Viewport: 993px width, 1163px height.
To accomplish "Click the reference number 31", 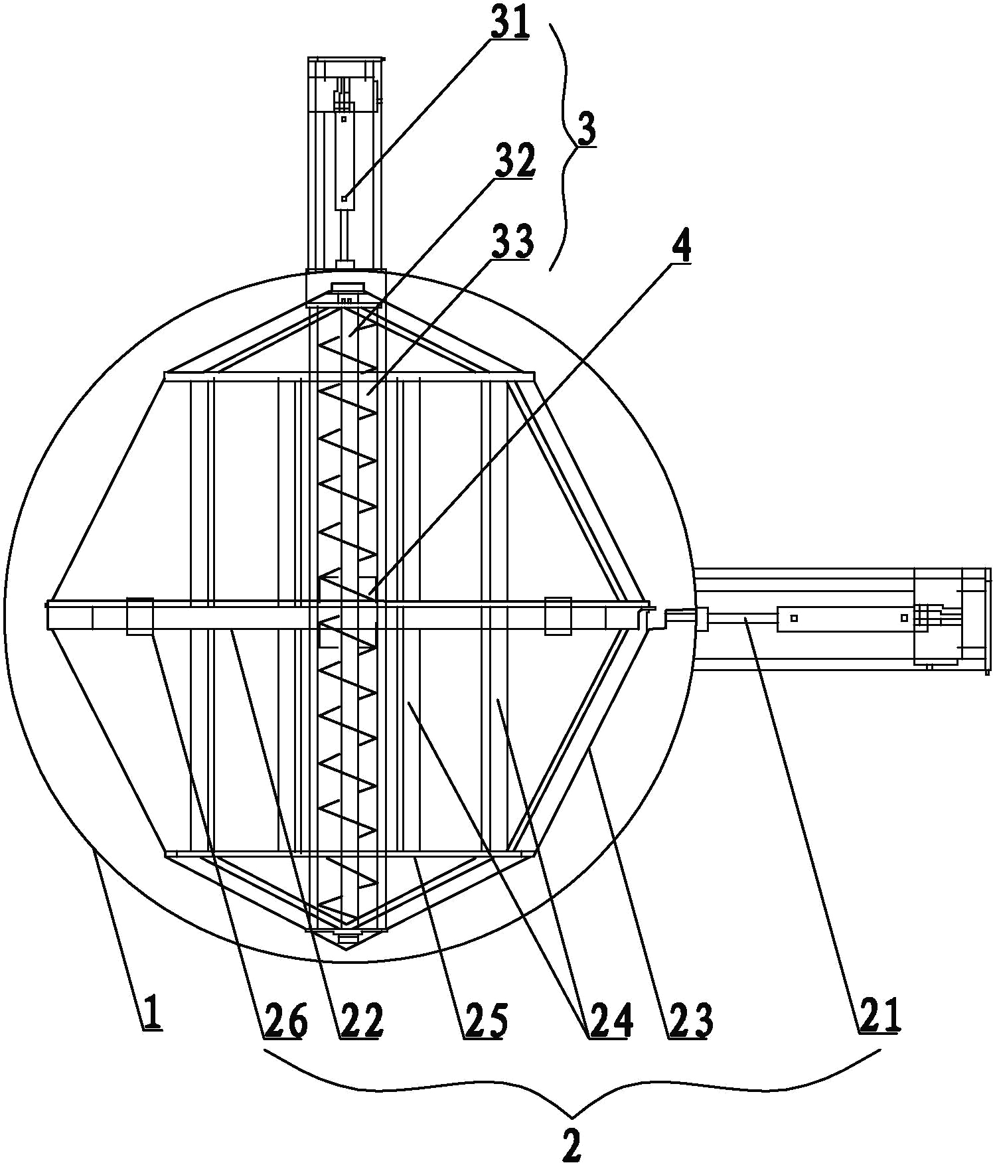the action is [509, 22].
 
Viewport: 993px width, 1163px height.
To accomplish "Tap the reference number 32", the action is [515, 161].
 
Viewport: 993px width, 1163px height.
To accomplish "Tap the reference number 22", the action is [362, 1020].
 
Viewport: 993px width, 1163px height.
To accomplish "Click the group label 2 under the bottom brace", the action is [572, 1143].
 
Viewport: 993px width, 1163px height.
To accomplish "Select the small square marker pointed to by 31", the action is [344, 198].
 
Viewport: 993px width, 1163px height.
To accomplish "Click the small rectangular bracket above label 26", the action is [139, 617].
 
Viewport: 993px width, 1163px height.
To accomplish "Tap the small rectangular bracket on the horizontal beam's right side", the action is [558, 617].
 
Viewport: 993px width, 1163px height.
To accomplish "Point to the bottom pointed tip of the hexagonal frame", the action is [346, 951].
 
